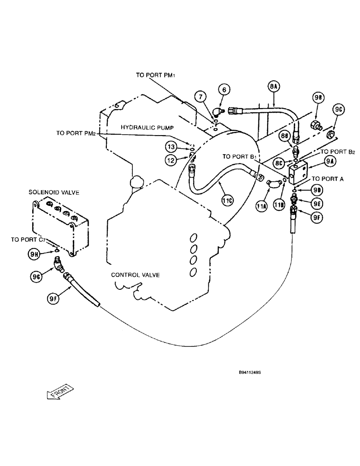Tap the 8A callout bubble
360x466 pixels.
coord(273,86)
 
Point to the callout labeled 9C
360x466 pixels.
coord(339,110)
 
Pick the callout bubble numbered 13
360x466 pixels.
coord(171,147)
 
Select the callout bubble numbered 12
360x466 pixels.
coord(171,160)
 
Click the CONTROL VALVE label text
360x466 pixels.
coord(135,275)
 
